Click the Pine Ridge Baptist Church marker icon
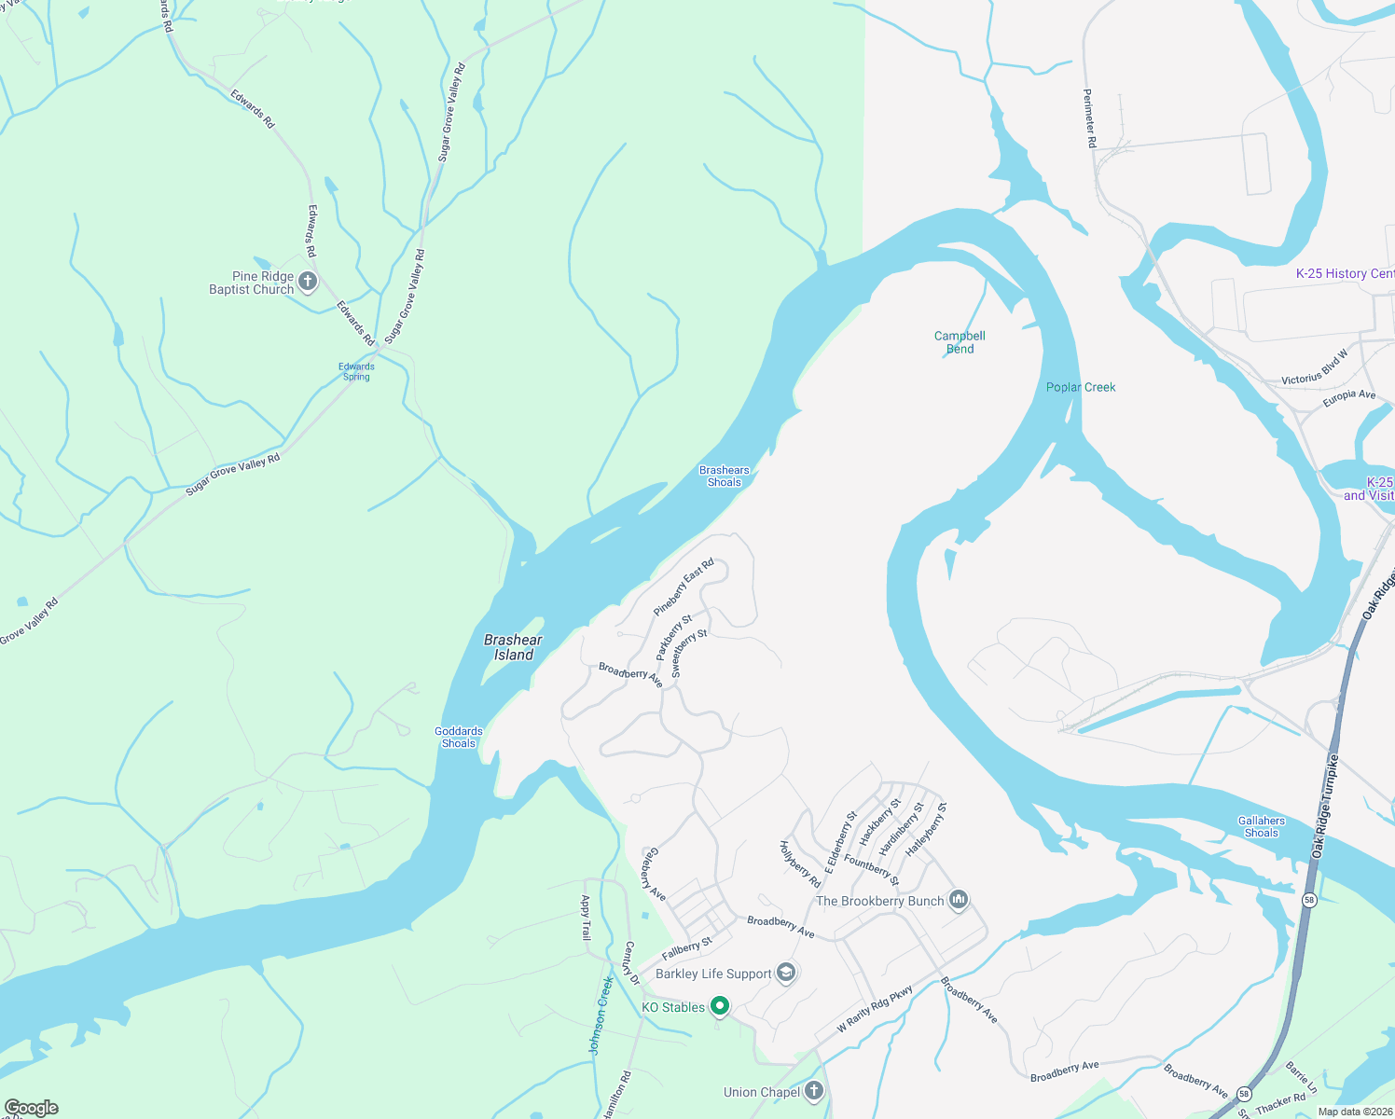[308, 282]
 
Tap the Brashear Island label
[513, 647]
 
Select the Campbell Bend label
[960, 342]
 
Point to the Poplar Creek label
[1080, 387]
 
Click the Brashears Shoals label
[724, 476]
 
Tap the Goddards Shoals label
[459, 737]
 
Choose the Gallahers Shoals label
[1261, 826]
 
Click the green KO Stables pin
[719, 1006]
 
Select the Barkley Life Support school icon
[786, 973]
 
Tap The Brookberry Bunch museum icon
[959, 900]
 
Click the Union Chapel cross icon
[814, 1091]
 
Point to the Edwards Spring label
[356, 371]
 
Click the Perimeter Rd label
[1089, 118]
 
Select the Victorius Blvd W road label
[1315, 366]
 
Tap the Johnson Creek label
[601, 1015]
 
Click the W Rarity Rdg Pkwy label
[874, 1009]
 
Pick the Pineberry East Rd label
[684, 587]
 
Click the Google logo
[31, 1108]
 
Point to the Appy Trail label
[586, 918]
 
